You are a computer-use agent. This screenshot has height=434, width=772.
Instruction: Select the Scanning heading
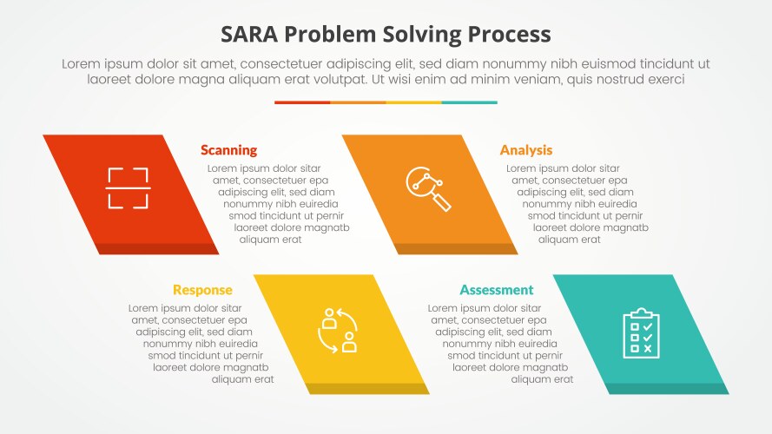228,150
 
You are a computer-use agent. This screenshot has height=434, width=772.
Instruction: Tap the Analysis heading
525,150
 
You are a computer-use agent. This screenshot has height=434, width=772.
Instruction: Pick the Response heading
202,290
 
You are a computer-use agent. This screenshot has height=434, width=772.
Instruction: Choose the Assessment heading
497,290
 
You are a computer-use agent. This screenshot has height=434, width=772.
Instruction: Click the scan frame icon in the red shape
129,187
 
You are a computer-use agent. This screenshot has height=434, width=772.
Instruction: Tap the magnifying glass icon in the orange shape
429,188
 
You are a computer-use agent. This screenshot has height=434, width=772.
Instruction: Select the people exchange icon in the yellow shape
339,330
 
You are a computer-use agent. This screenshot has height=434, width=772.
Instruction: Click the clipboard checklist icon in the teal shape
641,332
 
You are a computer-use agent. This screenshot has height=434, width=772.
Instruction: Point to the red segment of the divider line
302,102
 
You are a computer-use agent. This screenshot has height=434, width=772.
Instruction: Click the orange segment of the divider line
358,102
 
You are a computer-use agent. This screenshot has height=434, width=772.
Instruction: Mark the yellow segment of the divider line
413,102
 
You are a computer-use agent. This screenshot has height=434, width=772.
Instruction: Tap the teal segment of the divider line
469,102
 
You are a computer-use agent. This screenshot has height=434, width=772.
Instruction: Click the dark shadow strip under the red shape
158,249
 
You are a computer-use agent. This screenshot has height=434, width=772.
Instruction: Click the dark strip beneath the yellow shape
366,389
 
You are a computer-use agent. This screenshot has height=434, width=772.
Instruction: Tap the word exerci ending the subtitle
666,79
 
